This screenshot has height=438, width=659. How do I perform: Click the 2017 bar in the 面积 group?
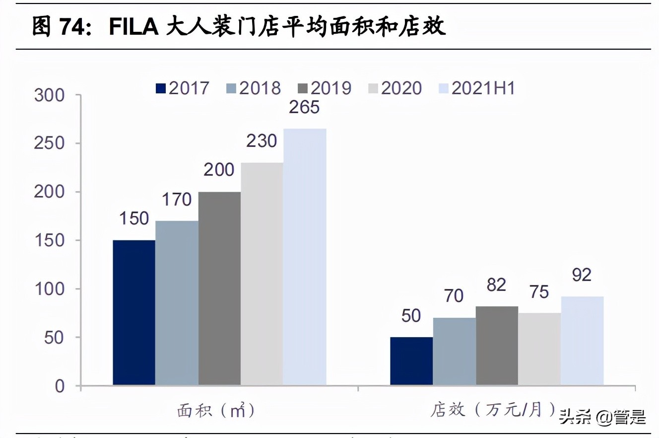pos(134,313)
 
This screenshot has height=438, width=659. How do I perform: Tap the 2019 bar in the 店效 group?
pos(497,346)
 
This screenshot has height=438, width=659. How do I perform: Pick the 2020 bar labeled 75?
pos(539,349)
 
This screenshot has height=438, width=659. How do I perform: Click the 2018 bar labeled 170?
pos(177,303)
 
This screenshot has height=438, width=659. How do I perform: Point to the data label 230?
pos(262,142)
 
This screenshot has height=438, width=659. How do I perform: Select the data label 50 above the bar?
pos(410,316)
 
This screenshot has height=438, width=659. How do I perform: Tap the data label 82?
pos(496,285)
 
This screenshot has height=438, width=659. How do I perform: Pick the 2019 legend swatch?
pos(303,89)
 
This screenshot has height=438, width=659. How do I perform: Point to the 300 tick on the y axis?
pos(50,95)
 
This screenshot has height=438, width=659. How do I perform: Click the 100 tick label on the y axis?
pos(50,289)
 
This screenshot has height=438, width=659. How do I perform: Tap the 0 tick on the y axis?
pos(60,386)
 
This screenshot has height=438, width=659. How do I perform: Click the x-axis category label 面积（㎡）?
pos(216,411)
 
